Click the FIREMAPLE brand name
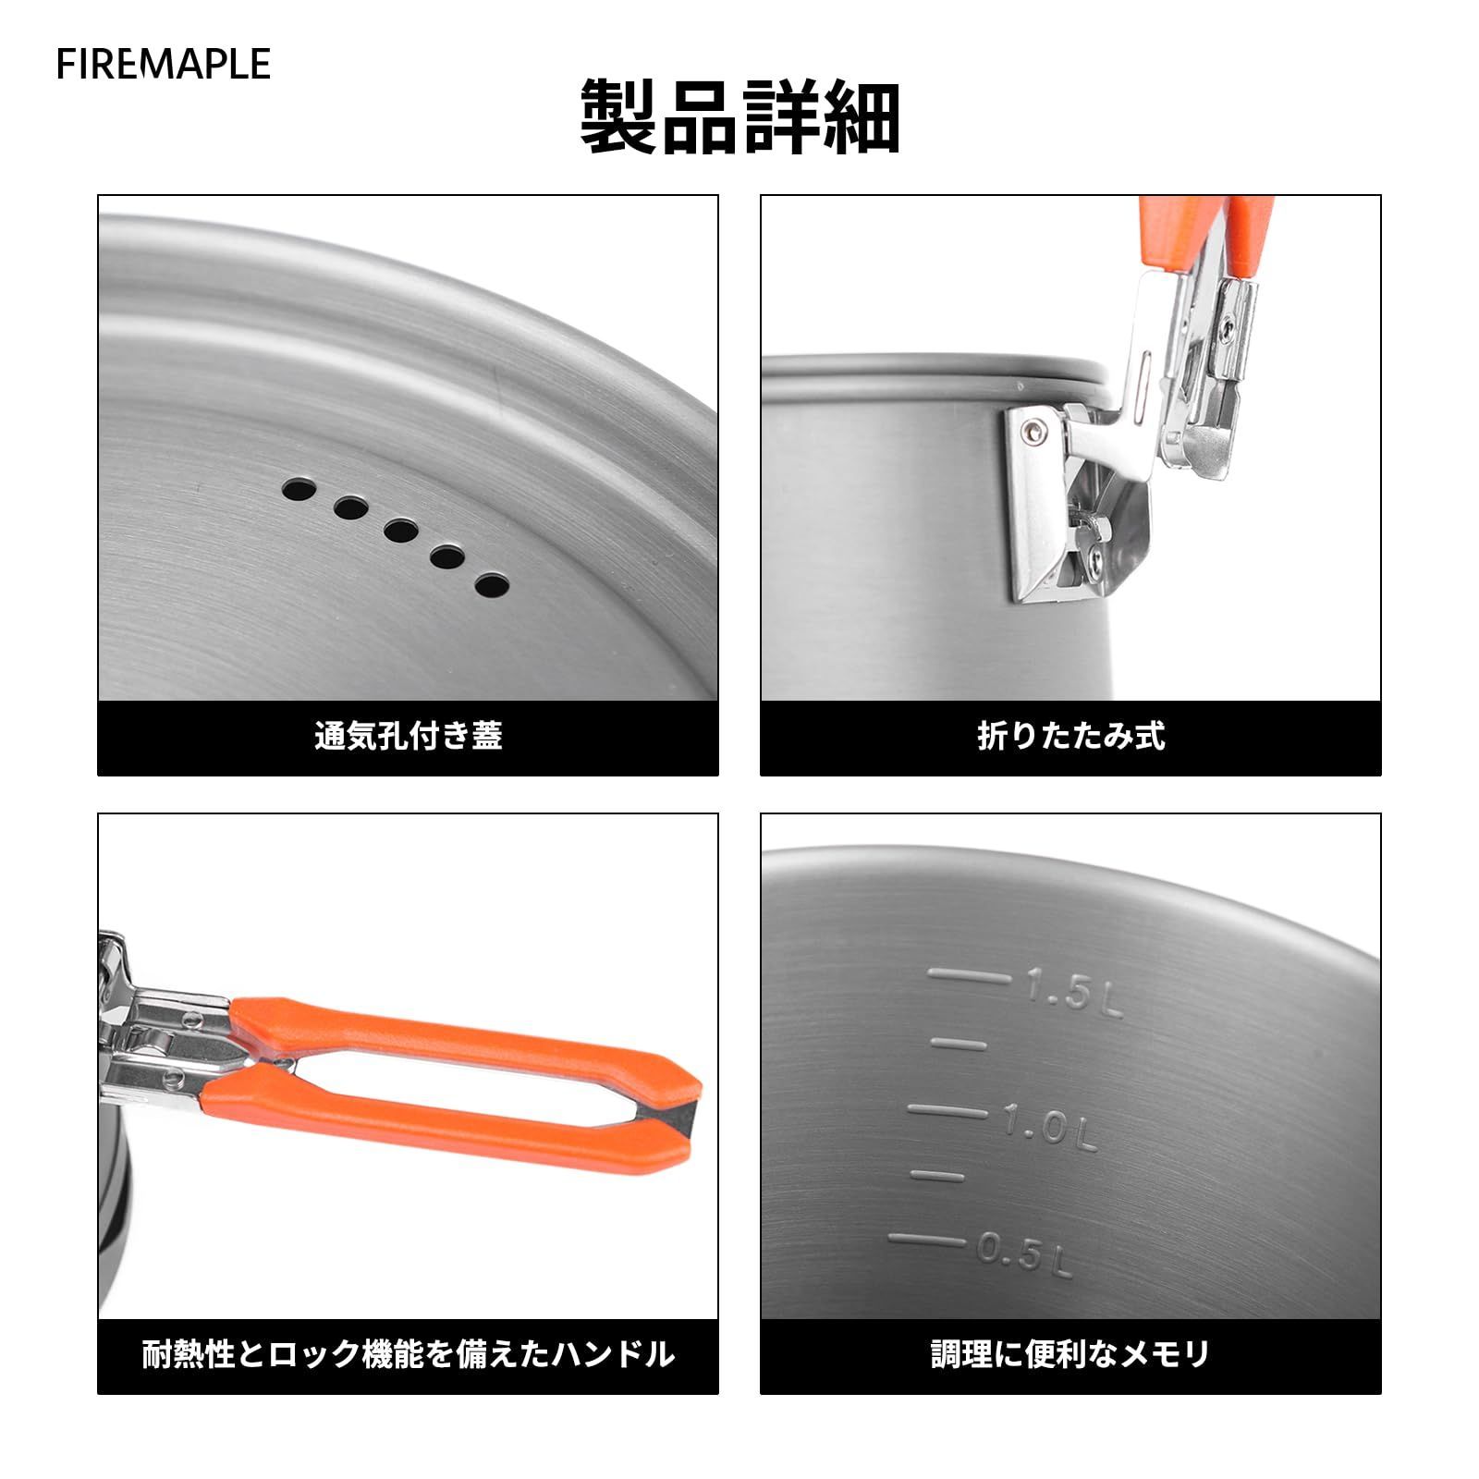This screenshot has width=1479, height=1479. pos(163,64)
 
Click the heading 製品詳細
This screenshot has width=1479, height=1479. pos(739,117)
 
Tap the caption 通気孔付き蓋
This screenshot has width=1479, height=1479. pos(409,736)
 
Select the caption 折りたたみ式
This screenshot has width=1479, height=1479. pos(1070,736)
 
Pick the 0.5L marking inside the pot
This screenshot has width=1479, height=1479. pos(1024,1255)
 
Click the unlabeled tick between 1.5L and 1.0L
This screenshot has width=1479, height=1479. pos(958,1044)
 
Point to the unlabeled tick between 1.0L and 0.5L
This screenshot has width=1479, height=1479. pos(937,1176)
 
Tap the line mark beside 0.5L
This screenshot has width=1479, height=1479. pos(929,1241)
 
